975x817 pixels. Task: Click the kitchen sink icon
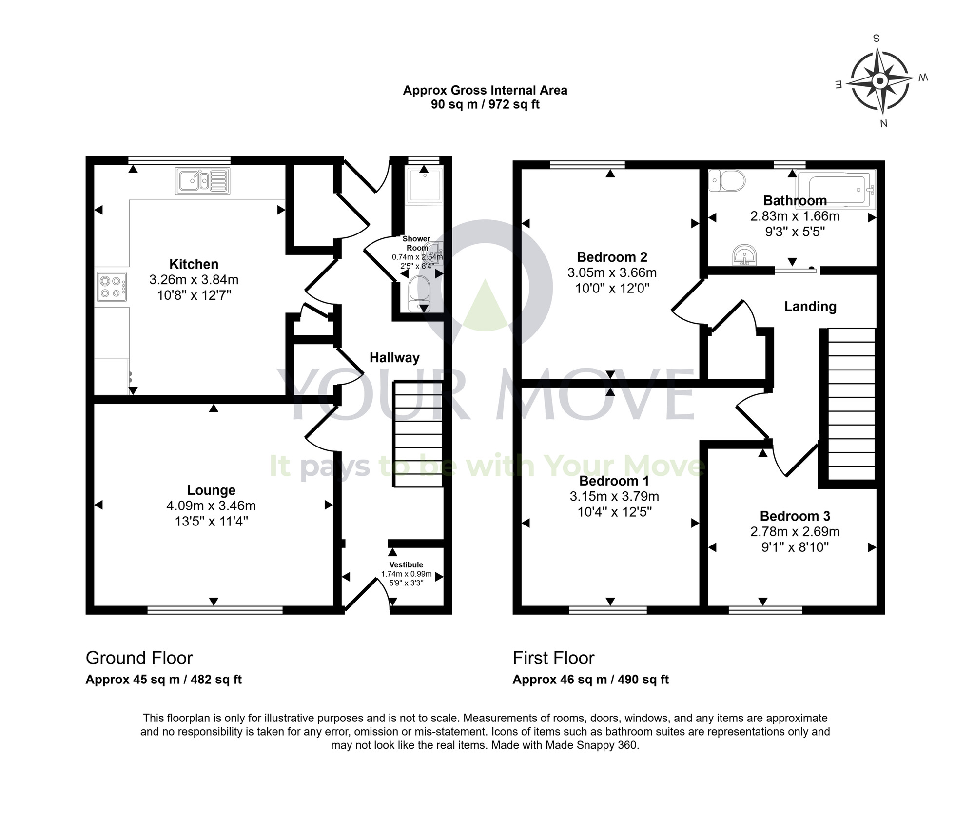(x=202, y=181)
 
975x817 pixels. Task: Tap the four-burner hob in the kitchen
(x=111, y=287)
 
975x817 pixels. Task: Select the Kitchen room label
(x=194, y=264)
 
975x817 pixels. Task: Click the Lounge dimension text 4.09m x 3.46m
(x=211, y=506)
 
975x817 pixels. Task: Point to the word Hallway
(x=394, y=358)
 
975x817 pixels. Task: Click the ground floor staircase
(x=418, y=434)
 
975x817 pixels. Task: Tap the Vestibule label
(x=406, y=564)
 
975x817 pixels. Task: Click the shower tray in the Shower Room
(x=425, y=185)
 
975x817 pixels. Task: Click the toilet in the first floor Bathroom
(x=727, y=181)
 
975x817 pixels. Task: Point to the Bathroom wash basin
(x=744, y=255)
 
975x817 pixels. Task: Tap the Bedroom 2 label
(x=612, y=257)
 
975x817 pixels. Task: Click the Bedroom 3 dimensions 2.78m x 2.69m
(x=795, y=531)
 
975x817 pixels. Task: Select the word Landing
(x=810, y=306)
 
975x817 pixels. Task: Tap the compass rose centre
(x=880, y=81)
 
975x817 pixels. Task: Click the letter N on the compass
(x=883, y=123)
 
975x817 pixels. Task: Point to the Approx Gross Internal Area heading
(x=485, y=91)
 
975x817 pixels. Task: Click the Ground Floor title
(x=139, y=658)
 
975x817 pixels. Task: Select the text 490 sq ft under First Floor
(x=643, y=680)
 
